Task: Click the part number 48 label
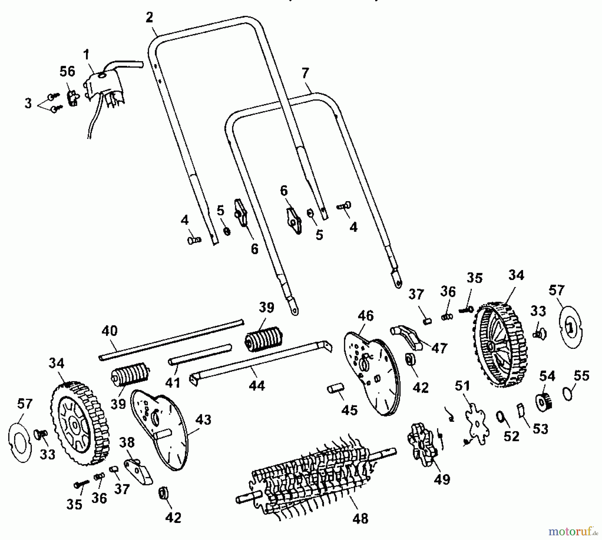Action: [x=360, y=518]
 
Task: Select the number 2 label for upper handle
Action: [x=149, y=17]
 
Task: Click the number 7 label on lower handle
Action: [x=305, y=73]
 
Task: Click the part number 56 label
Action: [x=68, y=72]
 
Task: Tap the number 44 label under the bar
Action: [x=257, y=386]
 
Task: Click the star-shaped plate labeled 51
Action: [x=477, y=423]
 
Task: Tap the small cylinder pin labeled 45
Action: [x=334, y=390]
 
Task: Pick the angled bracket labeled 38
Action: [x=138, y=471]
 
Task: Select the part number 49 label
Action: [x=442, y=480]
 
